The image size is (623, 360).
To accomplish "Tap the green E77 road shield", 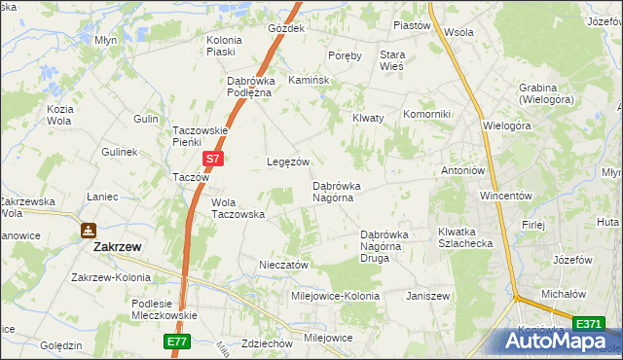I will click(176, 342).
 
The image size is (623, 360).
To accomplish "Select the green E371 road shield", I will click(588, 323).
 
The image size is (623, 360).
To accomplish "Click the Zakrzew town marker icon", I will click(89, 231).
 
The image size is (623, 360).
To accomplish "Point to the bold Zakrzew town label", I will click(117, 247).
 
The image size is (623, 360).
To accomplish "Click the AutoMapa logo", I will click(559, 341).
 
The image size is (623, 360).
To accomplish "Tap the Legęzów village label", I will click(288, 162).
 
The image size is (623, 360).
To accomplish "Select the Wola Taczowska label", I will click(238, 208).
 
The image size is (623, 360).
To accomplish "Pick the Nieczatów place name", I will click(283, 264).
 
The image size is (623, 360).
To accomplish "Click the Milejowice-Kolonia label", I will click(336, 295).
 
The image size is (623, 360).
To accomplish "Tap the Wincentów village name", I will click(504, 195).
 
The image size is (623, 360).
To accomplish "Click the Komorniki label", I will click(426, 114).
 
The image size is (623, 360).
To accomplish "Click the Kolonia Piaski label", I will click(223, 45).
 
